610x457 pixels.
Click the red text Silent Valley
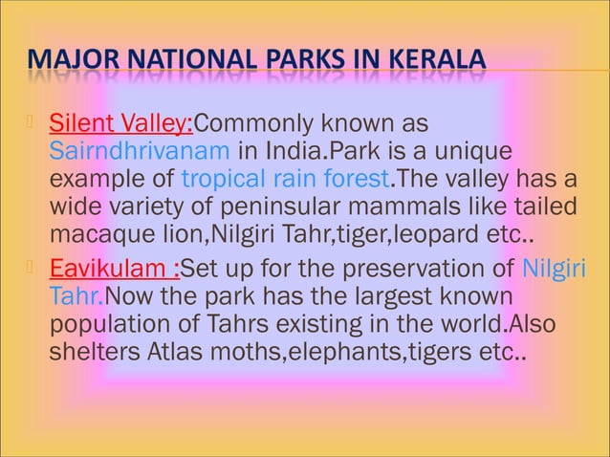click(x=120, y=124)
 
